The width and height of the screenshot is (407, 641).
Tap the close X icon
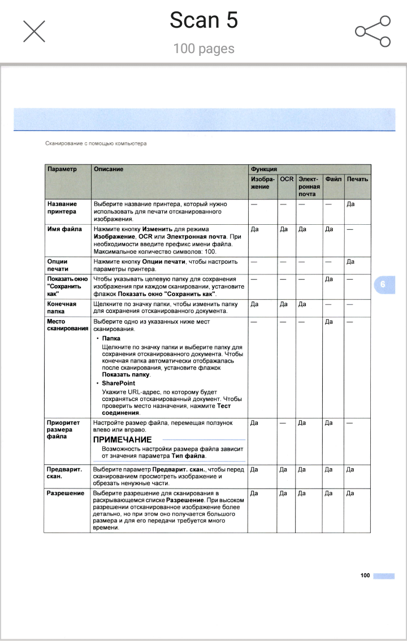coord(34,31)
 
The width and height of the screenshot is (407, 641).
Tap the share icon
coord(373,31)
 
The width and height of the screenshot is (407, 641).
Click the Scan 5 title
coord(203,21)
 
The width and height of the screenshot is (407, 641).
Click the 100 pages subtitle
coord(203,49)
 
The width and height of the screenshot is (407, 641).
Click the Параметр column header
coord(62,169)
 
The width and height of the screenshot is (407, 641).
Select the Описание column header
coord(109,169)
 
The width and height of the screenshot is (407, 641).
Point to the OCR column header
coord(287,179)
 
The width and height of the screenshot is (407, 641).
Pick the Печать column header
coord(357,179)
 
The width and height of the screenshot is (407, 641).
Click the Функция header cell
coord(264,169)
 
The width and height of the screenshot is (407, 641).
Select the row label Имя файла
coord(64,229)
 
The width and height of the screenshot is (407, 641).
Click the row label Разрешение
coord(66,493)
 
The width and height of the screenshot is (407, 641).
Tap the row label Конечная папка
coord(62,307)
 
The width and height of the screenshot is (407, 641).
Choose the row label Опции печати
coord(58,265)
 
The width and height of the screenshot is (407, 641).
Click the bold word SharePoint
coord(119,383)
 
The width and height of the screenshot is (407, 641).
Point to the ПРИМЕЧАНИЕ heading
coord(122,439)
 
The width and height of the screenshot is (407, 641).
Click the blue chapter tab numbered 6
coord(383,284)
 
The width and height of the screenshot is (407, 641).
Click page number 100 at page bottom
coord(365,575)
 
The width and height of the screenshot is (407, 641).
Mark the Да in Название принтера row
coord(350,204)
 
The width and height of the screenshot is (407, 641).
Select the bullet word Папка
coord(111,338)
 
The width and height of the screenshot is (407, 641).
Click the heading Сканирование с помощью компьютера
coord(96,143)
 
